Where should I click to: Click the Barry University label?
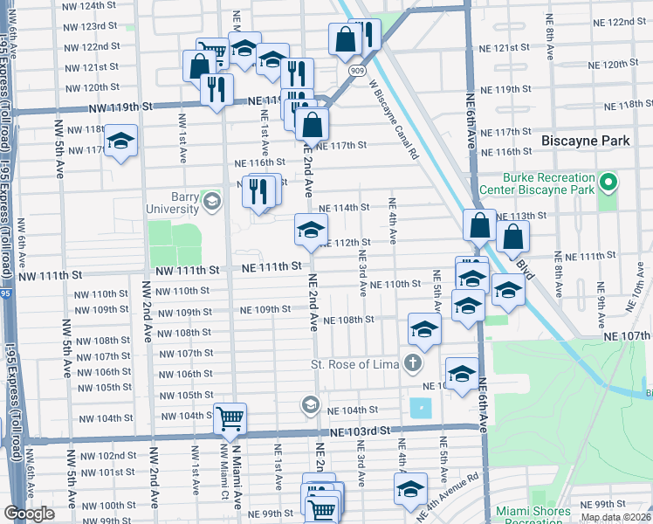tap(171, 203)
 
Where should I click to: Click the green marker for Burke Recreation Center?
tap(609, 183)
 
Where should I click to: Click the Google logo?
tap(29, 514)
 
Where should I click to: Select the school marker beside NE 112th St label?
tap(311, 229)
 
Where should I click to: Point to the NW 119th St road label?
tap(120, 107)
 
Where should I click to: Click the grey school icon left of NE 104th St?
tap(309, 404)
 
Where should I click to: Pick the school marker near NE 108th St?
tap(424, 328)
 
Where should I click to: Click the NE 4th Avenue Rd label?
tap(449, 496)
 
